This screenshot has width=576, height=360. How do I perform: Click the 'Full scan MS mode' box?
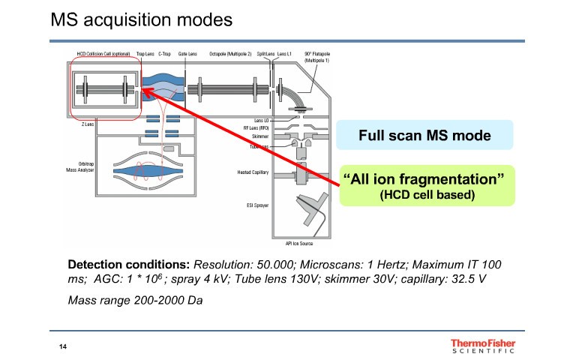pyautogui.click(x=424, y=136)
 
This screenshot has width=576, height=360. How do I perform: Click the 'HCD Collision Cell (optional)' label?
pyautogui.click(x=103, y=54)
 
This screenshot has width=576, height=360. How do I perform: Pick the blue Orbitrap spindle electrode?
pyautogui.click(x=147, y=172)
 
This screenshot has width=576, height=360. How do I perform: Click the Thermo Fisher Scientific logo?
pyautogui.click(x=483, y=345)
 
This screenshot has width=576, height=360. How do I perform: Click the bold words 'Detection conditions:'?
pyautogui.click(x=129, y=265)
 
